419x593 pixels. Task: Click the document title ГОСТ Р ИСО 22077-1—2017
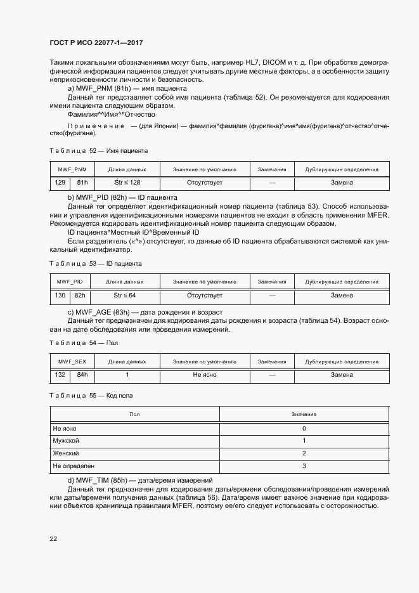coord(96,42)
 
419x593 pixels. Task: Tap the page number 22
coord(54,538)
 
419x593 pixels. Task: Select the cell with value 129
coord(60,183)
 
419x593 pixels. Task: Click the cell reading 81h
coord(82,183)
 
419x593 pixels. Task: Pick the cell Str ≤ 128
coord(127,183)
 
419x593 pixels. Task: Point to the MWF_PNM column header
coord(71,170)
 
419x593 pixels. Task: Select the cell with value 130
coord(60,295)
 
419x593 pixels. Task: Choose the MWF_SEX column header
coord(72,362)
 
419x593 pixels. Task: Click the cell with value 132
coord(60,375)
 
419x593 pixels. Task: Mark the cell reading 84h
coord(82,375)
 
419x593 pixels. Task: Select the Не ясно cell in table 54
coord(204,375)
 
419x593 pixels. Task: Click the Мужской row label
coord(66,441)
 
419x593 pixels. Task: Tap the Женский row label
coord(65,453)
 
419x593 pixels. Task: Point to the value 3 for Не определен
coord(304,466)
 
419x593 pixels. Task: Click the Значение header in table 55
coord(304,414)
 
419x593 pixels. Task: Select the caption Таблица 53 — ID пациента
coord(96,263)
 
